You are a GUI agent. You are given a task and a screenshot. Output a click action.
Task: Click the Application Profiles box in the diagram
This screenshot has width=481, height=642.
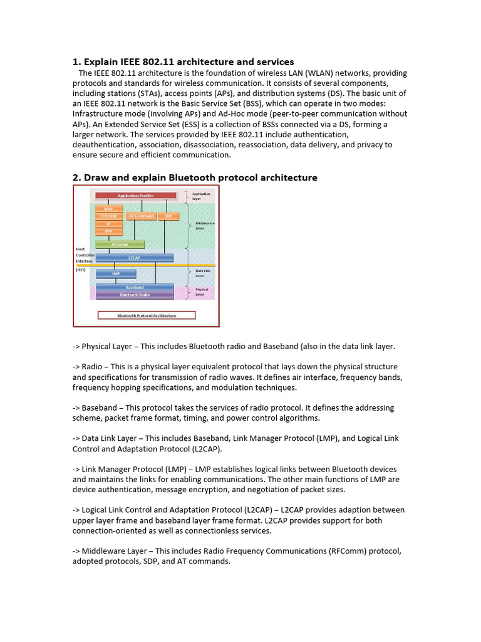[136, 196]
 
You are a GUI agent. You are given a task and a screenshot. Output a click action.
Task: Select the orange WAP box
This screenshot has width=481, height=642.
[109, 209]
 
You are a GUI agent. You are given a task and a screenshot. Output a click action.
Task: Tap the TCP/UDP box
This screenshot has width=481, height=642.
[109, 216]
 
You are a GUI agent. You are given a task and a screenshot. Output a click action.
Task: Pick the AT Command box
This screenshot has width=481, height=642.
[140, 216]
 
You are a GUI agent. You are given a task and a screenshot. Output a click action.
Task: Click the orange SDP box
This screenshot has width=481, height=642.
[168, 216]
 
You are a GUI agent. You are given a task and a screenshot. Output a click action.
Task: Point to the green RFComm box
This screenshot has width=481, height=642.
[120, 245]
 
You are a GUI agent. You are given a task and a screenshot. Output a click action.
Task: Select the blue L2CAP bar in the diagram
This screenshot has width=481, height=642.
[134, 258]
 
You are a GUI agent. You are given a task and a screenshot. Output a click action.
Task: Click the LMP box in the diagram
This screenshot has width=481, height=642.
[116, 274]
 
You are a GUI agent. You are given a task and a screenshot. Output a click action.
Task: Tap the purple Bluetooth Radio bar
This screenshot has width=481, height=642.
[134, 295]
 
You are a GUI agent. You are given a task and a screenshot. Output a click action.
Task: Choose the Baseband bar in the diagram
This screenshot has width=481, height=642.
[134, 288]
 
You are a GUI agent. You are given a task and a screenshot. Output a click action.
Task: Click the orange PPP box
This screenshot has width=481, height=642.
[109, 231]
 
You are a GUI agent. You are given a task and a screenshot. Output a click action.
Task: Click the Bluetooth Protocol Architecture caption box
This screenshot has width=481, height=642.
[147, 315]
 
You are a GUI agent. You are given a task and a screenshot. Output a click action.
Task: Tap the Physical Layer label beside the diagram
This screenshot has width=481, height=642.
[202, 292]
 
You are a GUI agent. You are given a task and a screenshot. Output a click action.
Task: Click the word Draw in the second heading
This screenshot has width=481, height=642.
[96, 177]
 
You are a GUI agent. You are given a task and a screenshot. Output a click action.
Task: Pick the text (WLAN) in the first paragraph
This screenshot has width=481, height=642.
[307, 73]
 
